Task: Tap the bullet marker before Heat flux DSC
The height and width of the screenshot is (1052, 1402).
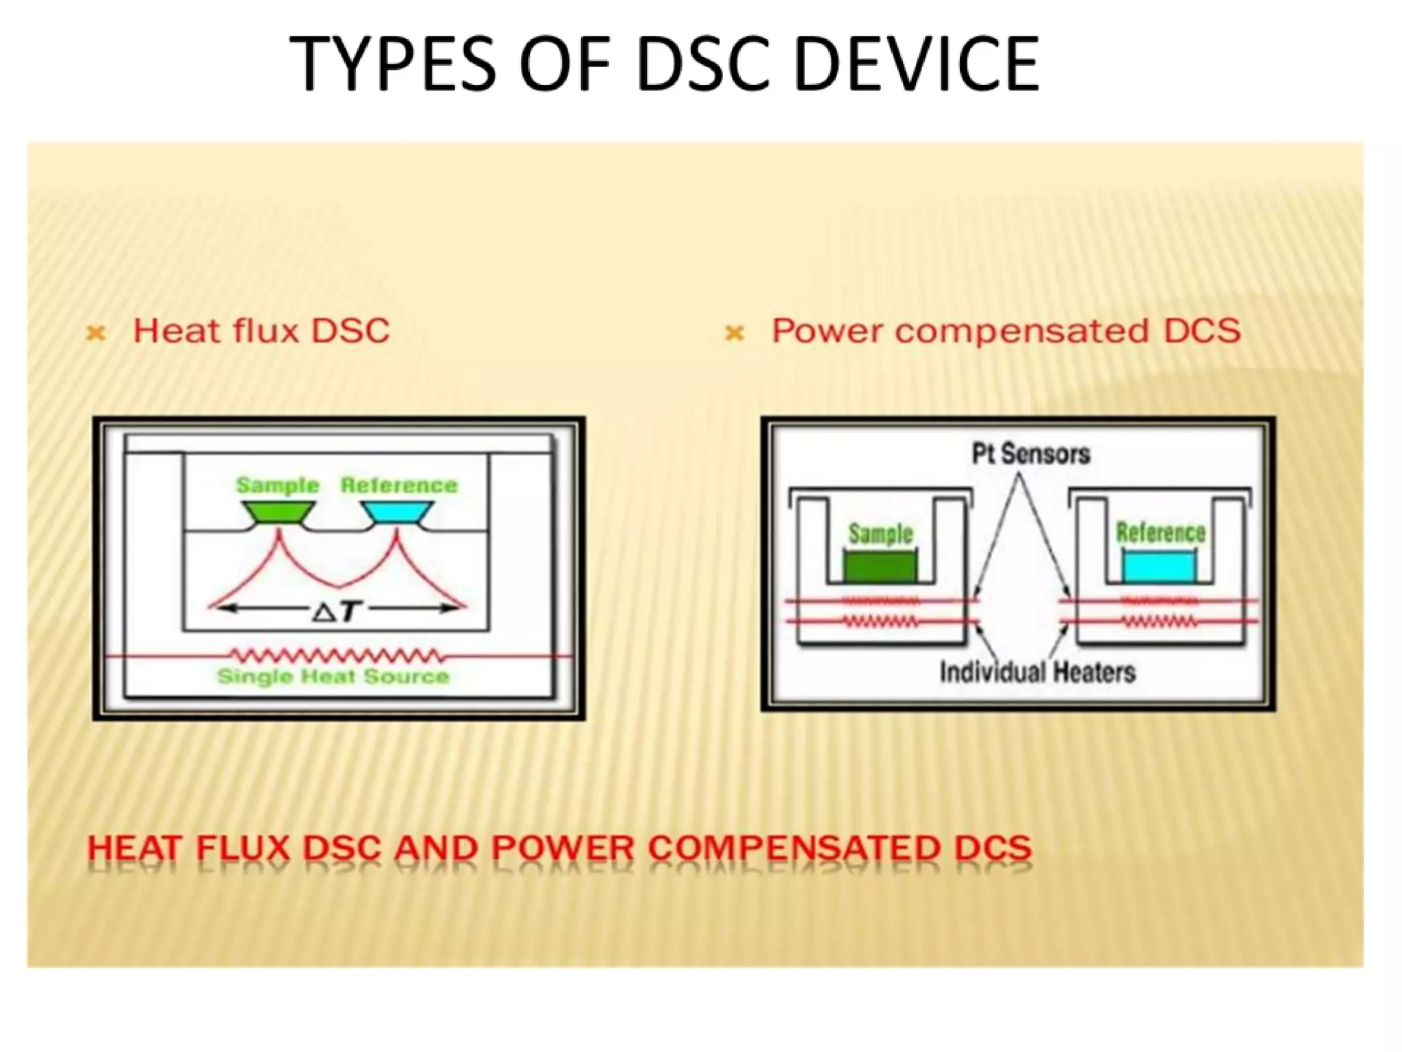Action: pos(96,334)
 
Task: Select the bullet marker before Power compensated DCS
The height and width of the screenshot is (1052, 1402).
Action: pos(734,334)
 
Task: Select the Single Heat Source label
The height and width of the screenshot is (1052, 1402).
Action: pos(333,677)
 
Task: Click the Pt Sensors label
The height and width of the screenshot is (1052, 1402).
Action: pos(1031,453)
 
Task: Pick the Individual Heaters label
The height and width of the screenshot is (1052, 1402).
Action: pos(1037,672)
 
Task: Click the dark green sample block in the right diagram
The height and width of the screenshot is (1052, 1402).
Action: pos(880,567)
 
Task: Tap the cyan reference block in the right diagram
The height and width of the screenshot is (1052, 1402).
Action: pos(1160,566)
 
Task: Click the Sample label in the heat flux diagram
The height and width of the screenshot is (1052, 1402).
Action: pos(278,486)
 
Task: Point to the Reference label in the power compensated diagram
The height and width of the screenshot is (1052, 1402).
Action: pos(1160,532)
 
